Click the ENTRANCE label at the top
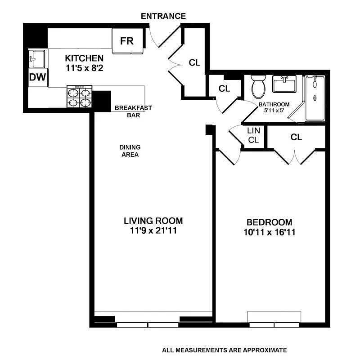point(163,16)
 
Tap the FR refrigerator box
point(128,41)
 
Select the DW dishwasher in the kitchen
point(38,77)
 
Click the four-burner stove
point(79,97)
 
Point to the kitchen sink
point(37,59)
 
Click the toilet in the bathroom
point(259,87)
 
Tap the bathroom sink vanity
point(284,84)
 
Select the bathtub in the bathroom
point(315,98)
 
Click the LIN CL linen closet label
point(253,135)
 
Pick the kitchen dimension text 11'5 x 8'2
point(84,68)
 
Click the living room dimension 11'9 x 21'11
point(153,231)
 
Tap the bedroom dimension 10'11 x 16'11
point(270,232)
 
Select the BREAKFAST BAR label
point(133,111)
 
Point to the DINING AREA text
point(130,151)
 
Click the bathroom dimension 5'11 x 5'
point(274,111)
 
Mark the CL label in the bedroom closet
point(296,137)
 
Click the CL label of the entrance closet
point(194,62)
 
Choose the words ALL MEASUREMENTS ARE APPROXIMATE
point(225,350)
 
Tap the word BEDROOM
point(270,222)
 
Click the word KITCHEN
point(84,58)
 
